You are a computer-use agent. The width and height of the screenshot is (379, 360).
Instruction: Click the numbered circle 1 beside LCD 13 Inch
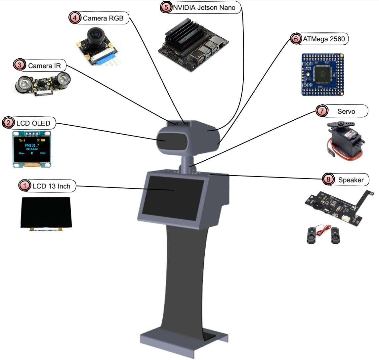[x=24, y=186]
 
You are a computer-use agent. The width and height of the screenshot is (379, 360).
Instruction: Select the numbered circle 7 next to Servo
[x=321, y=111]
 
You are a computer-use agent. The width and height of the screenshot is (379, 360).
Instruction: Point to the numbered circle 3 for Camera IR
[x=20, y=65]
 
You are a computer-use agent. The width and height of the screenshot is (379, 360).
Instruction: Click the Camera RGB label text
[x=103, y=19]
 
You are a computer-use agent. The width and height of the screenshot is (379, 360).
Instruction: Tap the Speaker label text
[x=351, y=180]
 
